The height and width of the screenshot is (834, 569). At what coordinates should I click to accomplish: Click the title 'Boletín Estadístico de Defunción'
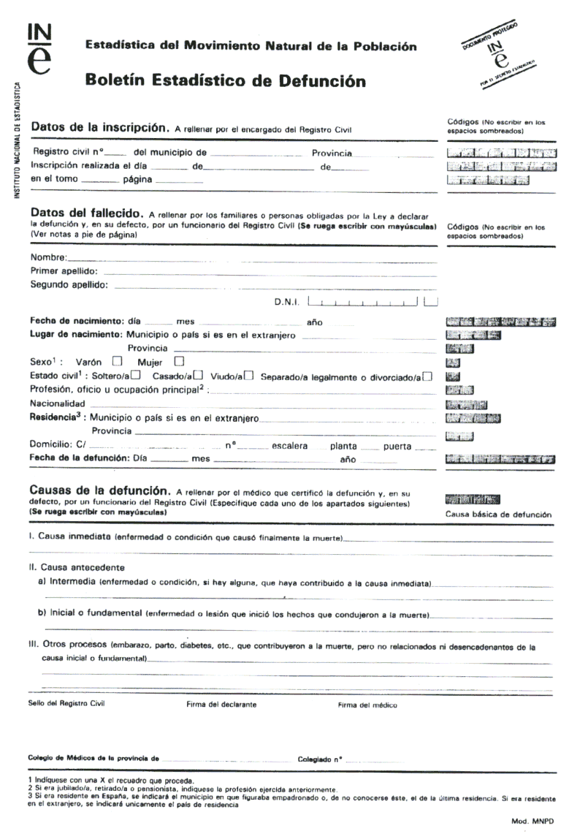pos(226,81)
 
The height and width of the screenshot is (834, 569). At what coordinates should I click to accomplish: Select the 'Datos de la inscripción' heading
pos(100,126)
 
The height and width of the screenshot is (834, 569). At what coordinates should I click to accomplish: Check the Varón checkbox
pos(115,361)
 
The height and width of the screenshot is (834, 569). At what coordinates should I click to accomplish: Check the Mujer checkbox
pos(177,361)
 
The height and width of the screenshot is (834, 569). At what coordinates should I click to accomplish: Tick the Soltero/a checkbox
pos(136,376)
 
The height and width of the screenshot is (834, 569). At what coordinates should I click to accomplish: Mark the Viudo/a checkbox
pos(249,376)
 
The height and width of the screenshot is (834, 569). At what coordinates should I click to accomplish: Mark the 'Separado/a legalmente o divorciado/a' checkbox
pos(427,376)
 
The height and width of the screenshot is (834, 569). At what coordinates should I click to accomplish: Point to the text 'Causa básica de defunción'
pos(497,515)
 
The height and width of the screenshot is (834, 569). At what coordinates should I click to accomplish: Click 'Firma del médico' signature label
pos(367,705)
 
